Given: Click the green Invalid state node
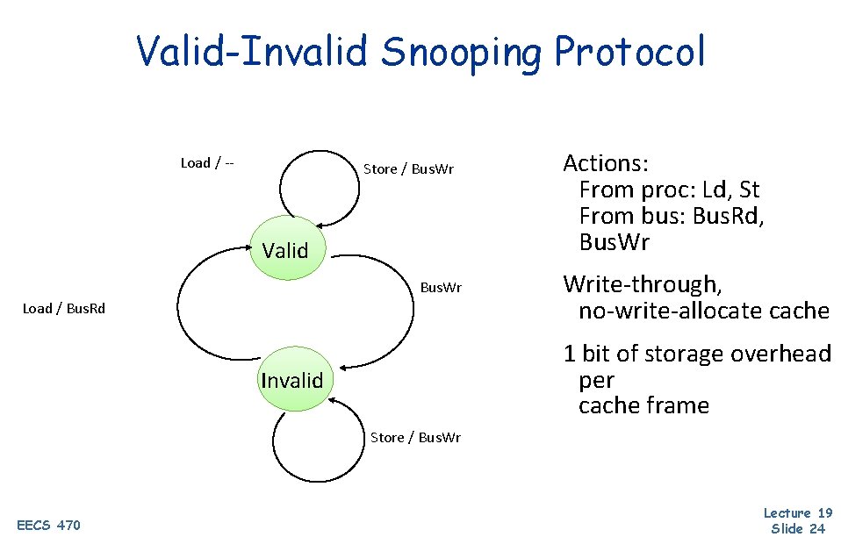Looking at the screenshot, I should tap(292, 380).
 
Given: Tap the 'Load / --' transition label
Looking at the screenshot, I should tap(206, 162).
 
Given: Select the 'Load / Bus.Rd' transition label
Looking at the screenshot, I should tap(63, 308).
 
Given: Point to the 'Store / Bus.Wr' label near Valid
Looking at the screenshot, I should tap(408, 168).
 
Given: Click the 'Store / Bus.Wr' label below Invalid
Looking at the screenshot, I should tap(415, 437).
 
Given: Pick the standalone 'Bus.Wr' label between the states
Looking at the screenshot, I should tap(441, 288).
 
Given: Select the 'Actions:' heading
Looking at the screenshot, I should tap(606, 163).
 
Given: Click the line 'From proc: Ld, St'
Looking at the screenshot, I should tap(669, 190).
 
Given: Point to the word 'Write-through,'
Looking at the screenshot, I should tap(642, 284).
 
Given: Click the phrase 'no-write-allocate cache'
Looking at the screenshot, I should tap(703, 311).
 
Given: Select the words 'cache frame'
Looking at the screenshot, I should tap(643, 405).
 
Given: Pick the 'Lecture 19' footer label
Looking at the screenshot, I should tap(797, 512).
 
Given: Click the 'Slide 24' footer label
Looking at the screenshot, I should tap(797, 527).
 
